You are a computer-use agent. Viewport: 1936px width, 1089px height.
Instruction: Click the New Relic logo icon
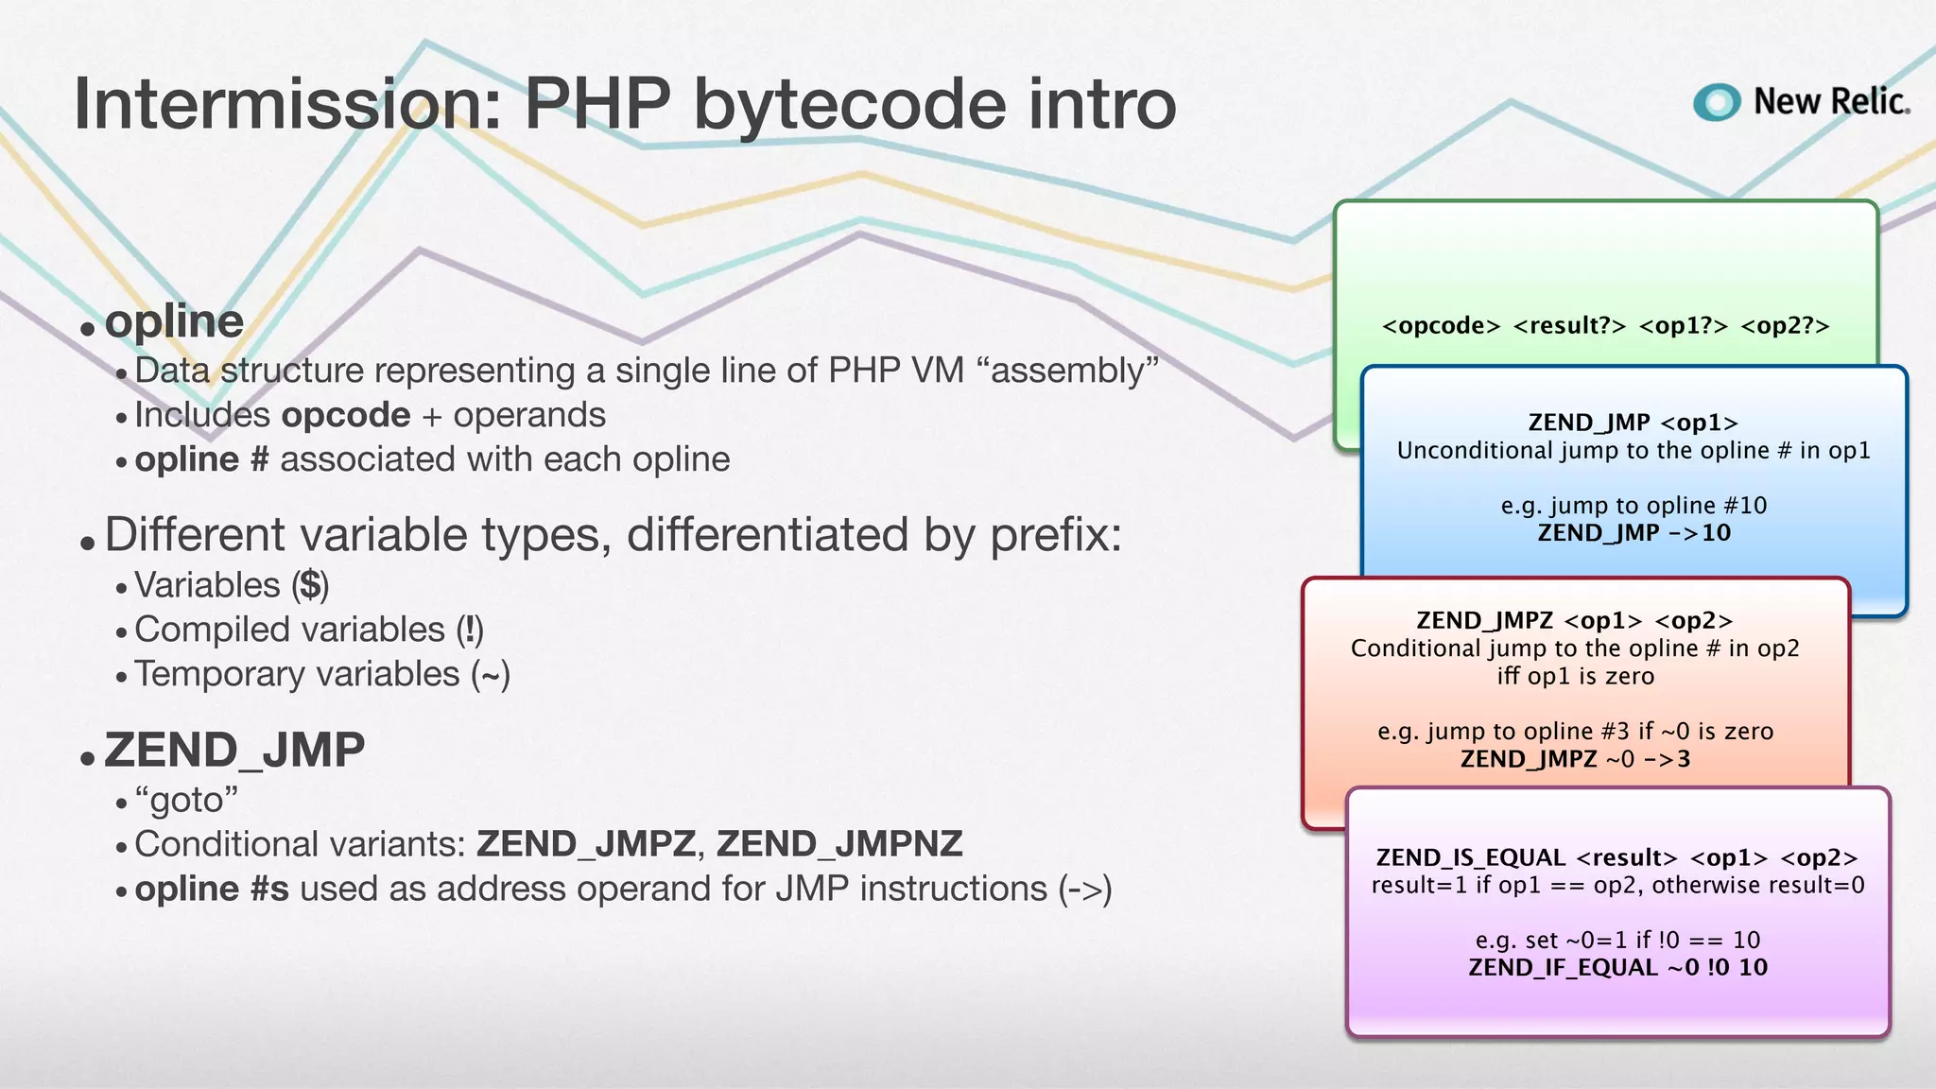1717,102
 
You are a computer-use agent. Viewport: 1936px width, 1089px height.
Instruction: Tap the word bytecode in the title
850,104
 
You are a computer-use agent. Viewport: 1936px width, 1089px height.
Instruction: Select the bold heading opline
174,321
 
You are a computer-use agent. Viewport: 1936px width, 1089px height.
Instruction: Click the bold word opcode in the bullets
346,415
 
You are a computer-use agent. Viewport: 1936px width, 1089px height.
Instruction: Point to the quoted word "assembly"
1074,371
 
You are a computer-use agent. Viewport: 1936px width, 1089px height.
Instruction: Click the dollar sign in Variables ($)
310,585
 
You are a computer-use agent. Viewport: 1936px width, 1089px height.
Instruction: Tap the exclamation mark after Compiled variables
470,630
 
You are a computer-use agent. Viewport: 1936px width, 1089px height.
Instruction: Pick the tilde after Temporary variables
491,674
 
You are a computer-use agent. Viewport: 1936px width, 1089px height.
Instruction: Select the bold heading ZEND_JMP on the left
234,751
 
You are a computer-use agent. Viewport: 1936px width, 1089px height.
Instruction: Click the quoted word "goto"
186,801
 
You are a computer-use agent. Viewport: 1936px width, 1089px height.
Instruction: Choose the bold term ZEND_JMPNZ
839,844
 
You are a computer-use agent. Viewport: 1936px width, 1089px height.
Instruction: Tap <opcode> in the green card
1441,326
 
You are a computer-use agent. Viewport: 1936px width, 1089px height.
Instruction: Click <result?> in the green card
1569,326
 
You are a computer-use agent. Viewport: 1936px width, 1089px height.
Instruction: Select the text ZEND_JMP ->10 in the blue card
1633,533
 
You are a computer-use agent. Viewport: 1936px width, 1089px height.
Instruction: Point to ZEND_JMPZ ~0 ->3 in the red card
1575,759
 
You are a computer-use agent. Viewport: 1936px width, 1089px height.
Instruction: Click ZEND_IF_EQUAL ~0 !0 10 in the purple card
1617,967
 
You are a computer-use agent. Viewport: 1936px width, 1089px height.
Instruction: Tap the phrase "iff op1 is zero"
1575,676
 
